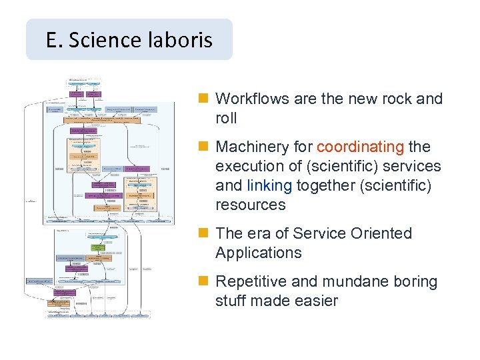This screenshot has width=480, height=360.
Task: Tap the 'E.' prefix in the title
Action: [54, 40]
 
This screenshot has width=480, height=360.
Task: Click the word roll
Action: [227, 118]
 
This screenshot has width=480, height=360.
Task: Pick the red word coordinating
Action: [360, 147]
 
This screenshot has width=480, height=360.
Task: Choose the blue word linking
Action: [269, 185]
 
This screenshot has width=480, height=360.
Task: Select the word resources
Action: [250, 205]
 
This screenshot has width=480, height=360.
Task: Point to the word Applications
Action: [258, 253]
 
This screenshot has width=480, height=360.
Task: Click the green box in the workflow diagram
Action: [99, 246]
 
